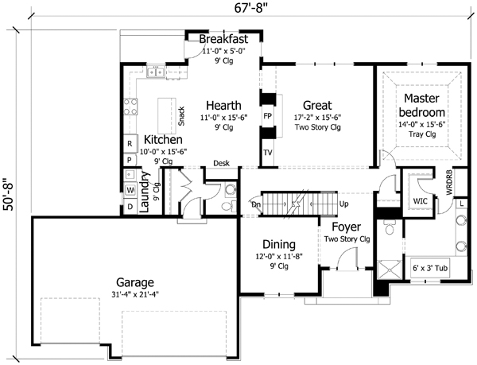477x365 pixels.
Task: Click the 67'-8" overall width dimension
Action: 238,10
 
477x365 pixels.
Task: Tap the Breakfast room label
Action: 223,39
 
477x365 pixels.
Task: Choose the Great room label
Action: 317,106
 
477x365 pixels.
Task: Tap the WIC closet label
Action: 421,202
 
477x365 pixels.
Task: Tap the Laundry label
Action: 145,193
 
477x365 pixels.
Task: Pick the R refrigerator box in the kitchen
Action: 130,143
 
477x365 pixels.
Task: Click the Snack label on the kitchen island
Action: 182,117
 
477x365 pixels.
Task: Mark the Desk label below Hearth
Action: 221,164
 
